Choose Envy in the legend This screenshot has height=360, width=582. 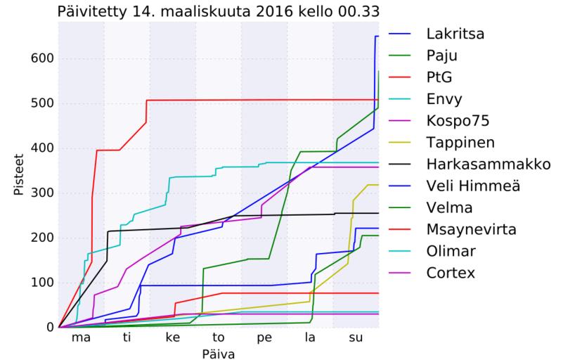[444, 98]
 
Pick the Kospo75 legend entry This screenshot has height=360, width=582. [458, 120]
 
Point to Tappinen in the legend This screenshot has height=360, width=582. [460, 142]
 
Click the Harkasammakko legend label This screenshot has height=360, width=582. [488, 164]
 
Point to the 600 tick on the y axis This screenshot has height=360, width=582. [41, 58]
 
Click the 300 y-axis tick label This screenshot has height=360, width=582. [41, 193]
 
